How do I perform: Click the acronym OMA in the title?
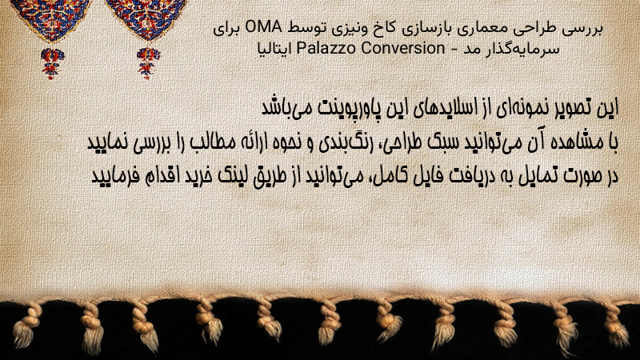(263, 28)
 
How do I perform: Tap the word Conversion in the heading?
(403, 48)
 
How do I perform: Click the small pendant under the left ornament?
(52, 63)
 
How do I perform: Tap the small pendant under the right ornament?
(148, 62)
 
